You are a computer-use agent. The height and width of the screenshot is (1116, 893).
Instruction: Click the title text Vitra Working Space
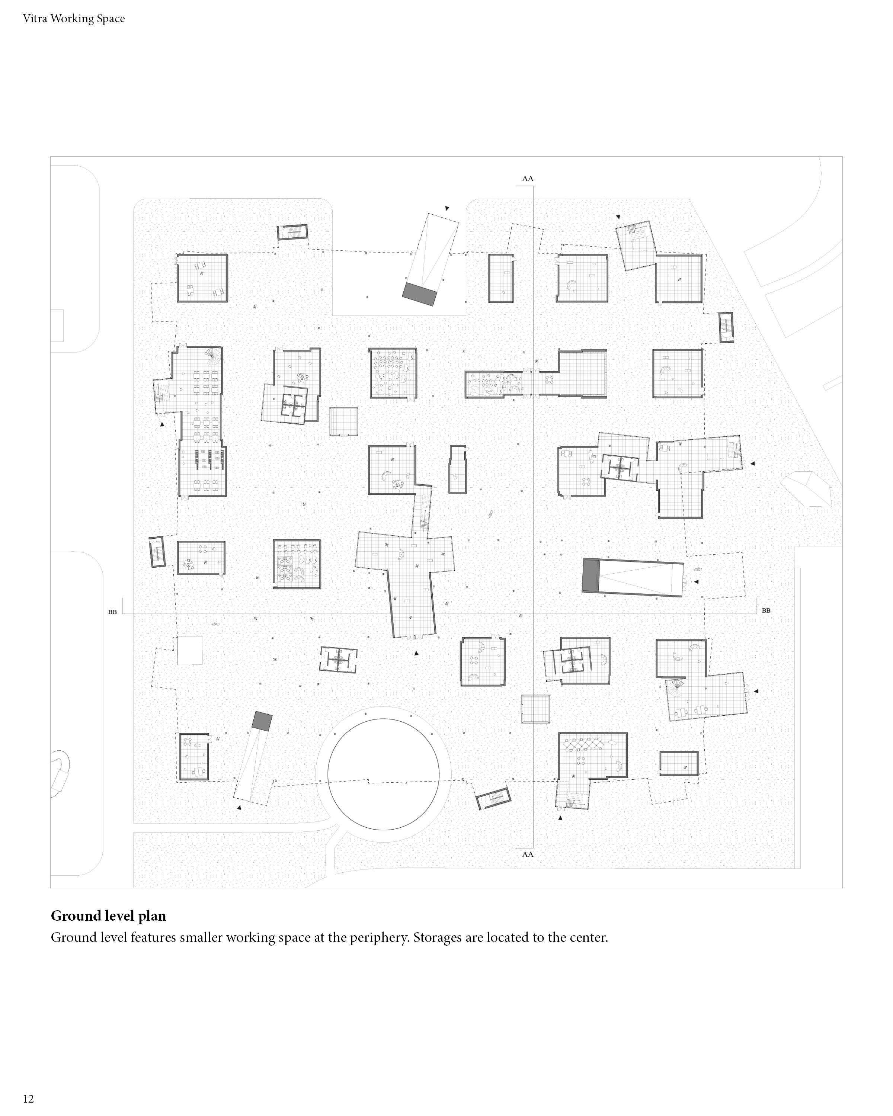pyautogui.click(x=74, y=19)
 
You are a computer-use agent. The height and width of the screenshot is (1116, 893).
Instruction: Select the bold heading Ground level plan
pyautogui.click(x=108, y=916)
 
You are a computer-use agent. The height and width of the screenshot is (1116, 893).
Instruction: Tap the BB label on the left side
pyautogui.click(x=112, y=612)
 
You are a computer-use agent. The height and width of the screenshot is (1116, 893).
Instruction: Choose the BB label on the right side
pyautogui.click(x=766, y=610)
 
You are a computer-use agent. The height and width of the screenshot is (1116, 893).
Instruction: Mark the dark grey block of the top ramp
pyautogui.click(x=419, y=294)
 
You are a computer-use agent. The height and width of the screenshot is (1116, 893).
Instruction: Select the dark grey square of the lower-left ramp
pyautogui.click(x=262, y=721)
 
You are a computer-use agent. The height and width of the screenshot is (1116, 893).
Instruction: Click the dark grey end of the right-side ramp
pyautogui.click(x=590, y=575)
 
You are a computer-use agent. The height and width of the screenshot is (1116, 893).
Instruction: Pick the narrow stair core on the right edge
pyautogui.click(x=726, y=327)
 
